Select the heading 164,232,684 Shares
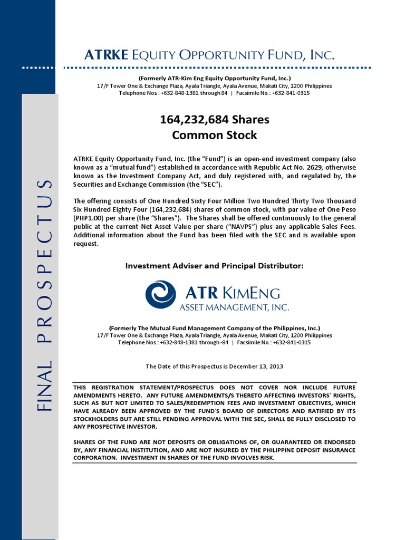click(214, 120)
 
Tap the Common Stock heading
click(214, 135)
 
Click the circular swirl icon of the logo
click(160, 294)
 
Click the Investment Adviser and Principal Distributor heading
click(214, 266)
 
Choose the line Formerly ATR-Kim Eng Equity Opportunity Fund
click(214, 78)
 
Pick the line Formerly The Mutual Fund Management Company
click(214, 327)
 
